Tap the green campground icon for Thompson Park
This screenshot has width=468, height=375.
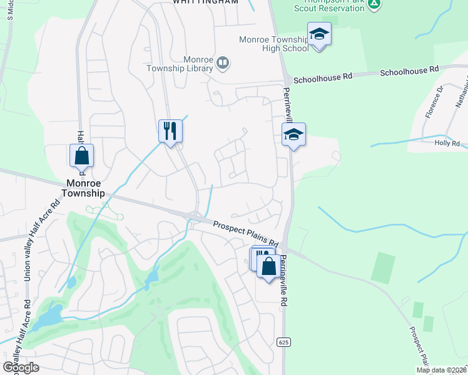[374, 3]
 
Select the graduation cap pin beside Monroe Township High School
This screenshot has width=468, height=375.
[319, 34]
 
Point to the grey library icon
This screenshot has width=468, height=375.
[223, 62]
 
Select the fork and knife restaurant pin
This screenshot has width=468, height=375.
[170, 131]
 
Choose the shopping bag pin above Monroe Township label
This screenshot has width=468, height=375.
[81, 156]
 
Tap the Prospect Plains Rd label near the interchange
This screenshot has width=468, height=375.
[245, 232]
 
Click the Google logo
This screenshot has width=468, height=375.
[21, 367]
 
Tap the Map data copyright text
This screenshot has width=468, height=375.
[442, 370]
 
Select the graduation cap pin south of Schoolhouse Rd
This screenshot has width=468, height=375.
[293, 134]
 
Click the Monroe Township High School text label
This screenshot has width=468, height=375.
[274, 44]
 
